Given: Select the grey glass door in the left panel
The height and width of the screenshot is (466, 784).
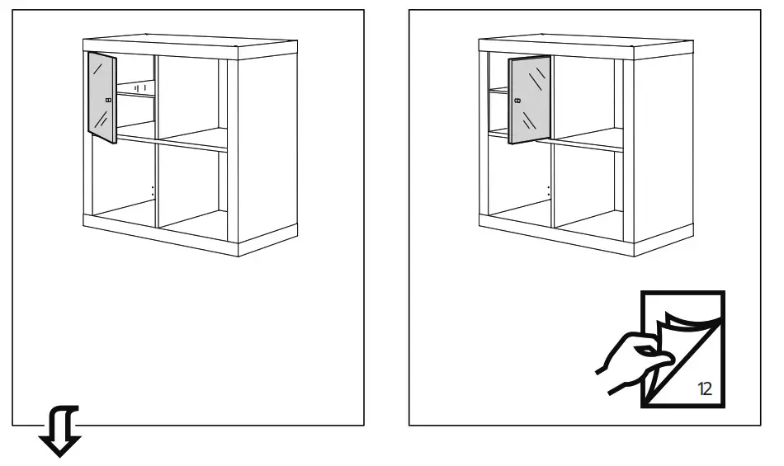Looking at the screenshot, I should point(102,97).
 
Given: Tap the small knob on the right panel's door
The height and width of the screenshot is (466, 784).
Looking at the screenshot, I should point(517,100).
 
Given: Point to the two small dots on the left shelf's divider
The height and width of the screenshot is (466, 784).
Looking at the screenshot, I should point(152,191).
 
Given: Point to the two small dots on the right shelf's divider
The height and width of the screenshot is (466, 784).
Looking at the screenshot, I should point(548,191).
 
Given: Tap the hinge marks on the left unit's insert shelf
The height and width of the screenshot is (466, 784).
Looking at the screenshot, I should point(139,87).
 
